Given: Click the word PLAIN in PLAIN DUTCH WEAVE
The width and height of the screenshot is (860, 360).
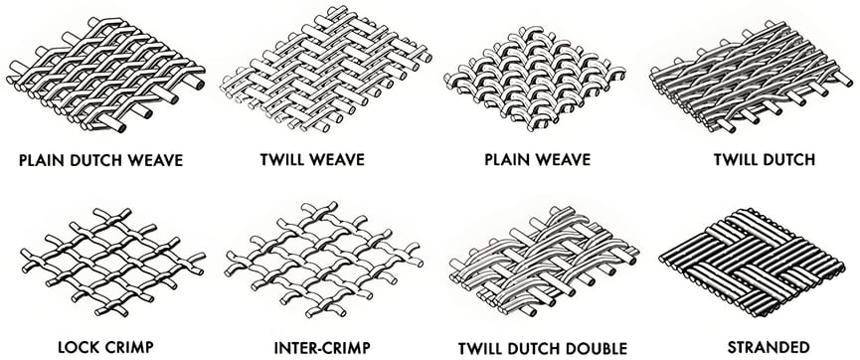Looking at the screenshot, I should (x=40, y=159).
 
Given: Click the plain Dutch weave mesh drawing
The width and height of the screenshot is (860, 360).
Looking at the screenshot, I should (x=104, y=70).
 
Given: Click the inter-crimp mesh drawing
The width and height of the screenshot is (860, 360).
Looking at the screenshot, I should (x=318, y=259).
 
